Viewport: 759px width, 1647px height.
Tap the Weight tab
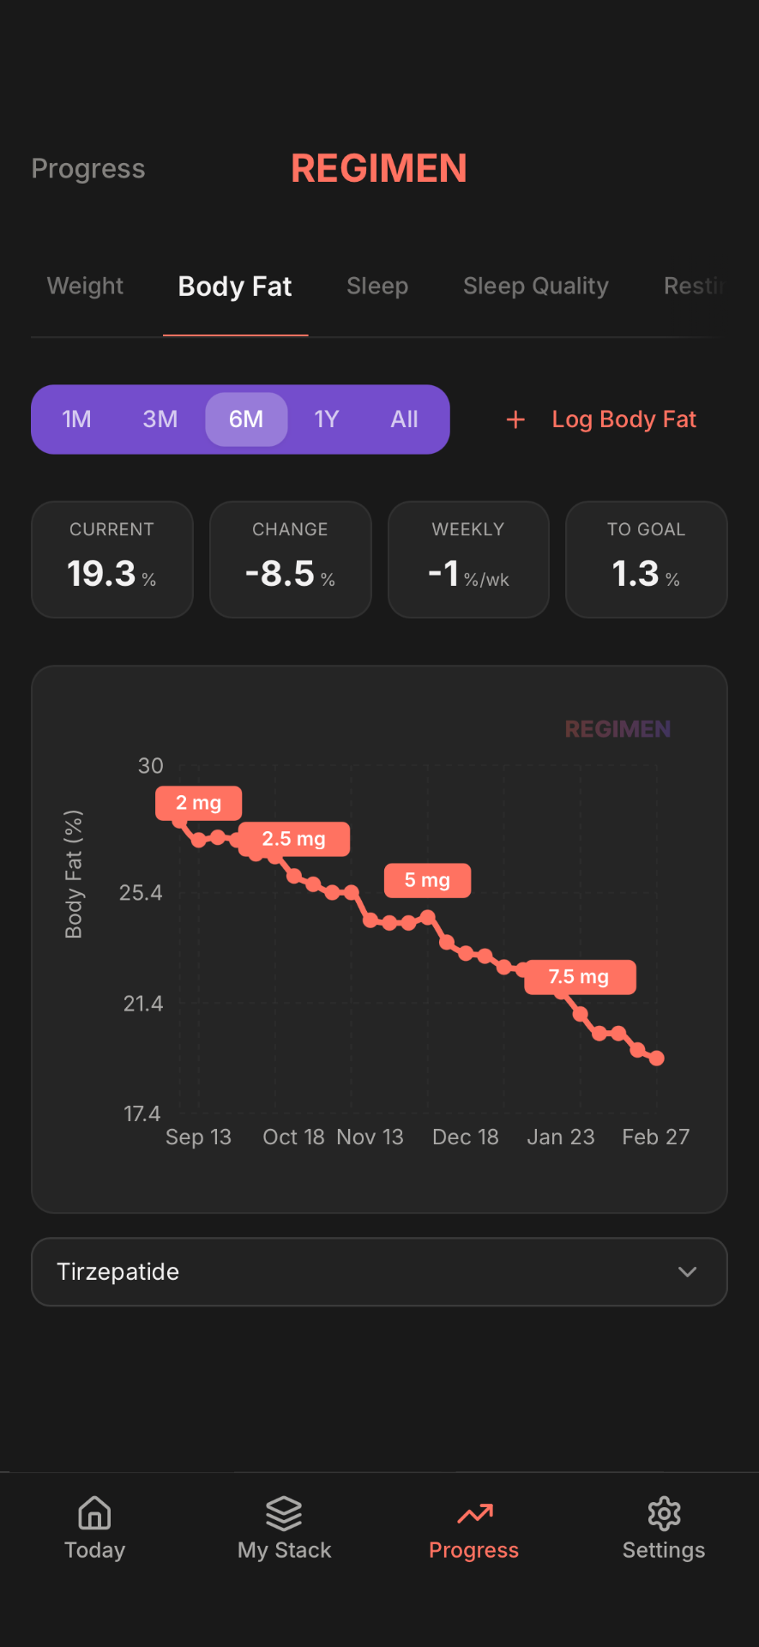(x=85, y=286)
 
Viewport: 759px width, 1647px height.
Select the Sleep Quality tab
(x=535, y=286)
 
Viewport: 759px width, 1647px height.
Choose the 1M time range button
(x=76, y=419)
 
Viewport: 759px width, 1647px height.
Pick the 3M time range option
(x=160, y=419)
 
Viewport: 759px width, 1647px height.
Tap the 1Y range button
(x=326, y=419)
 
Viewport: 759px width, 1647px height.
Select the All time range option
(x=404, y=419)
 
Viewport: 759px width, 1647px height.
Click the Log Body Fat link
(x=623, y=419)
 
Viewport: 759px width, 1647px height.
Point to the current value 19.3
(x=102, y=573)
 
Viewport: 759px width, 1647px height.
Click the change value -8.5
(x=280, y=573)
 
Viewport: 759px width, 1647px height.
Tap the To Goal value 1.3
(x=636, y=573)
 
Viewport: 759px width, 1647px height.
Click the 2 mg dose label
(x=198, y=803)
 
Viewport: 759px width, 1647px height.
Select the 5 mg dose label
(x=427, y=880)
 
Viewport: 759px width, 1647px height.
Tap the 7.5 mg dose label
(x=579, y=977)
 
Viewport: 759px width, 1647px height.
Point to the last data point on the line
(x=657, y=1059)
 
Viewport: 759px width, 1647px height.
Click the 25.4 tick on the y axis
(x=141, y=893)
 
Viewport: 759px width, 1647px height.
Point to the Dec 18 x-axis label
(x=465, y=1137)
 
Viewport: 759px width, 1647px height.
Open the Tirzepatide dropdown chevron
(x=687, y=1271)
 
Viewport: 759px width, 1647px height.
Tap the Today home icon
(x=94, y=1513)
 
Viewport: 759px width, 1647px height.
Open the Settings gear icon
(x=664, y=1513)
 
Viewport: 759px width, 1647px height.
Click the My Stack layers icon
(x=284, y=1513)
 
